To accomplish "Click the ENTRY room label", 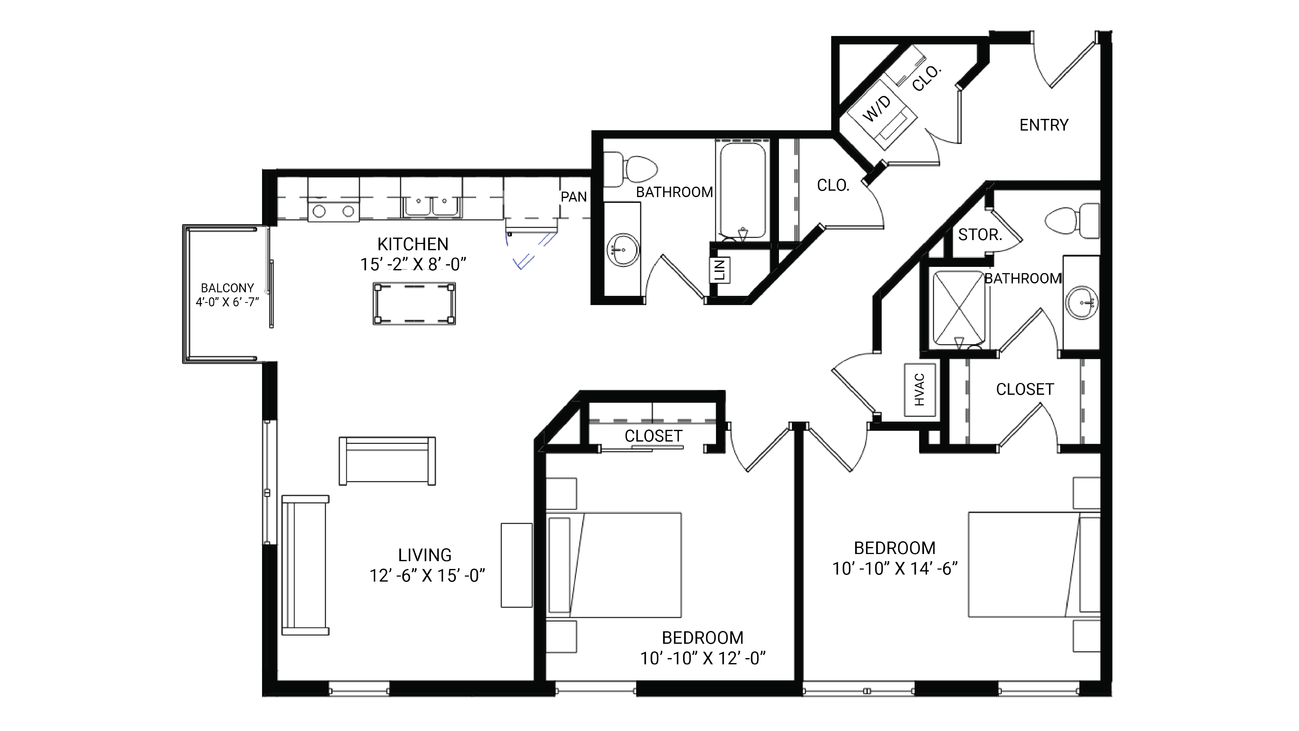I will pos(1043,125).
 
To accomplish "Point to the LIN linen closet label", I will pos(720,270).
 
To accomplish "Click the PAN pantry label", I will pos(574,197).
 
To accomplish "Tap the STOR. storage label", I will pos(979,235).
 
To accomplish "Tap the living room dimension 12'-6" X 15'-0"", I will pos(427,575).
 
